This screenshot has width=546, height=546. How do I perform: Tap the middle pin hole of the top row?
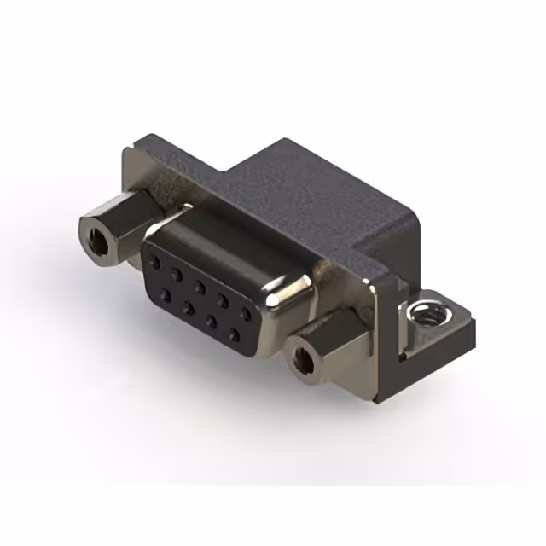pyautogui.click(x=200, y=282)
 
